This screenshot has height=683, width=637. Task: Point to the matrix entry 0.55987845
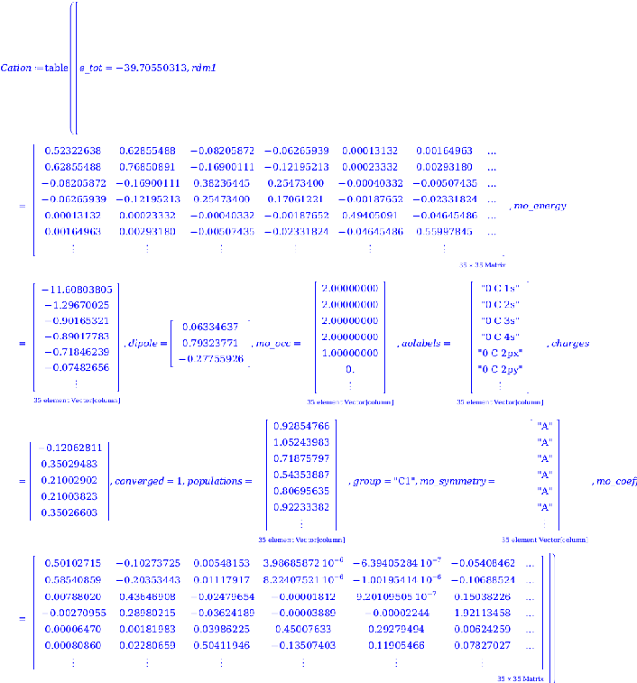(445, 232)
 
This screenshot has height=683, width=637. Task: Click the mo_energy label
(540, 206)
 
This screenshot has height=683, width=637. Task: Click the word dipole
(143, 344)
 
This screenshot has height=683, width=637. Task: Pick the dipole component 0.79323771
(210, 343)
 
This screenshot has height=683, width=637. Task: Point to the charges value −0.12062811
(69, 448)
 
